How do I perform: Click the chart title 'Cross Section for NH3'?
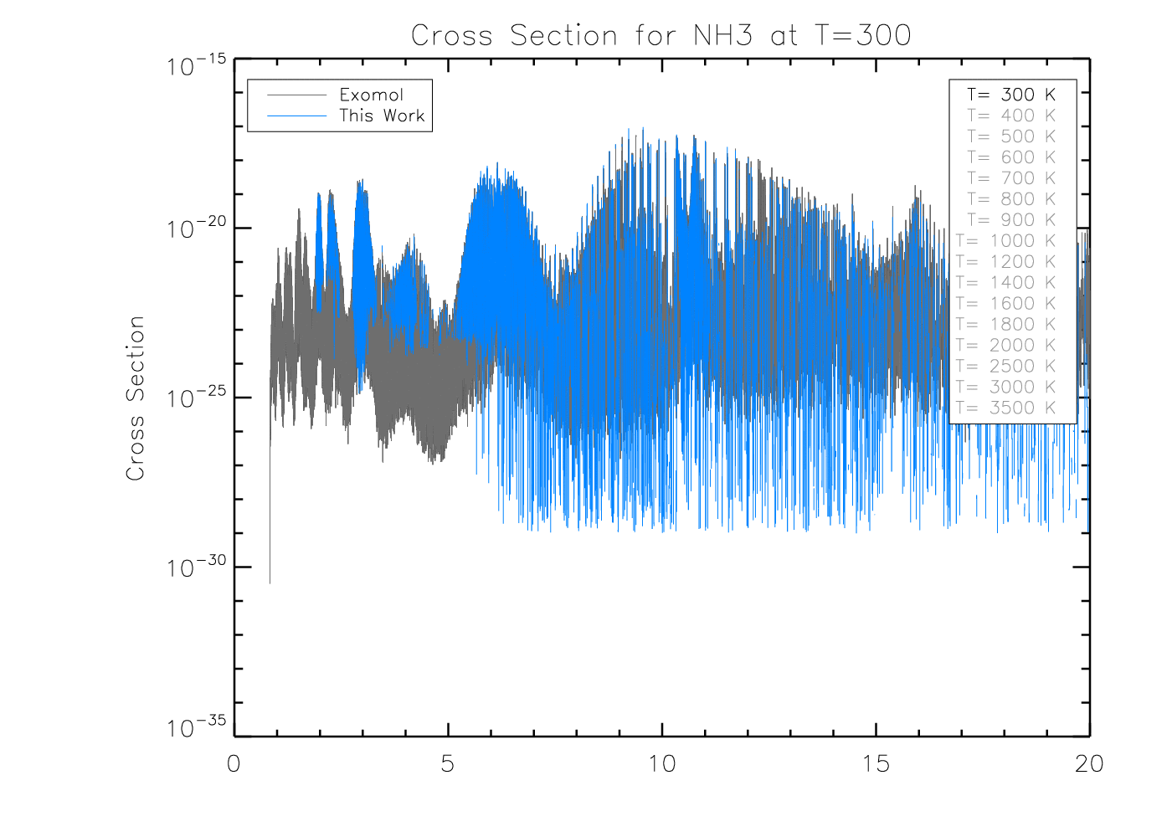coord(661,35)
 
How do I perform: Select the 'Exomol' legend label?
coord(371,95)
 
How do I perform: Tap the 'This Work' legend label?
coord(382,116)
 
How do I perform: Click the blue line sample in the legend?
coord(296,116)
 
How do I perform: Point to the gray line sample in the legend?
coord(296,95)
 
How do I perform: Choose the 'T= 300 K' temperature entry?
coord(1011,95)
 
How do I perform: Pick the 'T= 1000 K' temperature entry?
coord(1005,241)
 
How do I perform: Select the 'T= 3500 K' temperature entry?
coord(1005,408)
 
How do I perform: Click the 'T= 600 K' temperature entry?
coord(1011,157)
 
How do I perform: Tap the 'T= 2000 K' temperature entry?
coord(1005,345)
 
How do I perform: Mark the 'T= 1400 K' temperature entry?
coord(1005,283)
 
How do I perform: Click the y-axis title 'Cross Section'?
coord(135,398)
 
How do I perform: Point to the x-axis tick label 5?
coord(448,763)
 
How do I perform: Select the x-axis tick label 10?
coord(662,763)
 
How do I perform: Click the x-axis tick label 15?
coord(876,763)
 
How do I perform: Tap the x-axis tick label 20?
coord(1089,763)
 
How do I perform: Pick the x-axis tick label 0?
coord(234,763)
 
